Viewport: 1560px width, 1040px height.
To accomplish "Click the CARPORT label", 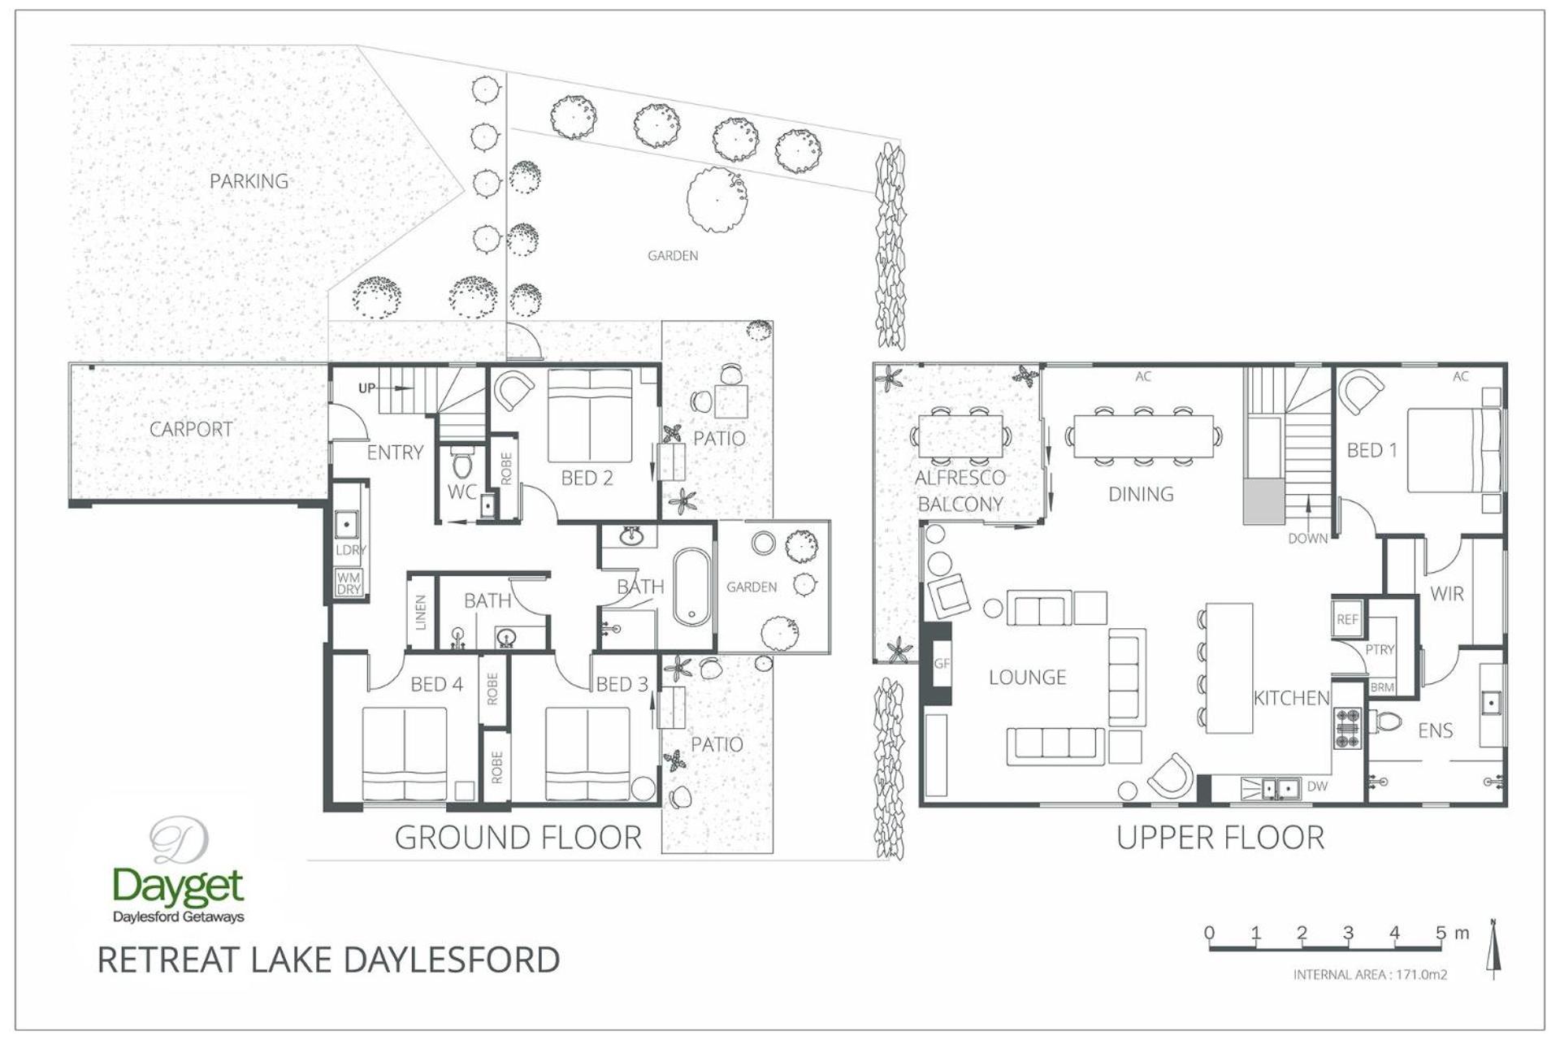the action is pyautogui.click(x=191, y=429).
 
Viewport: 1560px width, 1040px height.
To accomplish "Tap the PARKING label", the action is pyautogui.click(x=249, y=181).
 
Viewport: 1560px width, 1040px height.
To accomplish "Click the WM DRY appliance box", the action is pyautogui.click(x=349, y=583).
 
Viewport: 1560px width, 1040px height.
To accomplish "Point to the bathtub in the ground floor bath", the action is pyautogui.click(x=691, y=587).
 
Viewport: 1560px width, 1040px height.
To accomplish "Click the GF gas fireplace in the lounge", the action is pyautogui.click(x=941, y=663).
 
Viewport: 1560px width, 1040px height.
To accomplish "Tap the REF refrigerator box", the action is pyautogui.click(x=1347, y=619).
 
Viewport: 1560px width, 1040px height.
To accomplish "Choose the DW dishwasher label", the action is pyautogui.click(x=1317, y=786).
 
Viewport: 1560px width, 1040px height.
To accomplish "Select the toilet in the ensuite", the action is pyautogui.click(x=1387, y=721).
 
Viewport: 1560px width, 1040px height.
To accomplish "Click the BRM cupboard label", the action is pyautogui.click(x=1382, y=687).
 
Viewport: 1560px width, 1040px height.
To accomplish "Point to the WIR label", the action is pyautogui.click(x=1447, y=594).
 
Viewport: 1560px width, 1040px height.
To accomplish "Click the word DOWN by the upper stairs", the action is pyautogui.click(x=1308, y=539).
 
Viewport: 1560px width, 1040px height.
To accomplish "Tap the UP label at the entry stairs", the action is pyautogui.click(x=367, y=388).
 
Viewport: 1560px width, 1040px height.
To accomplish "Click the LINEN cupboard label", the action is pyautogui.click(x=421, y=613).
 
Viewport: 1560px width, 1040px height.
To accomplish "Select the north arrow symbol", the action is pyautogui.click(x=1493, y=948).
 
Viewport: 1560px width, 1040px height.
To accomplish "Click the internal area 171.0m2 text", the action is pyautogui.click(x=1370, y=974).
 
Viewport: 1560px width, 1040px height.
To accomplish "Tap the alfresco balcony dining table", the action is pyautogui.click(x=961, y=436).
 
